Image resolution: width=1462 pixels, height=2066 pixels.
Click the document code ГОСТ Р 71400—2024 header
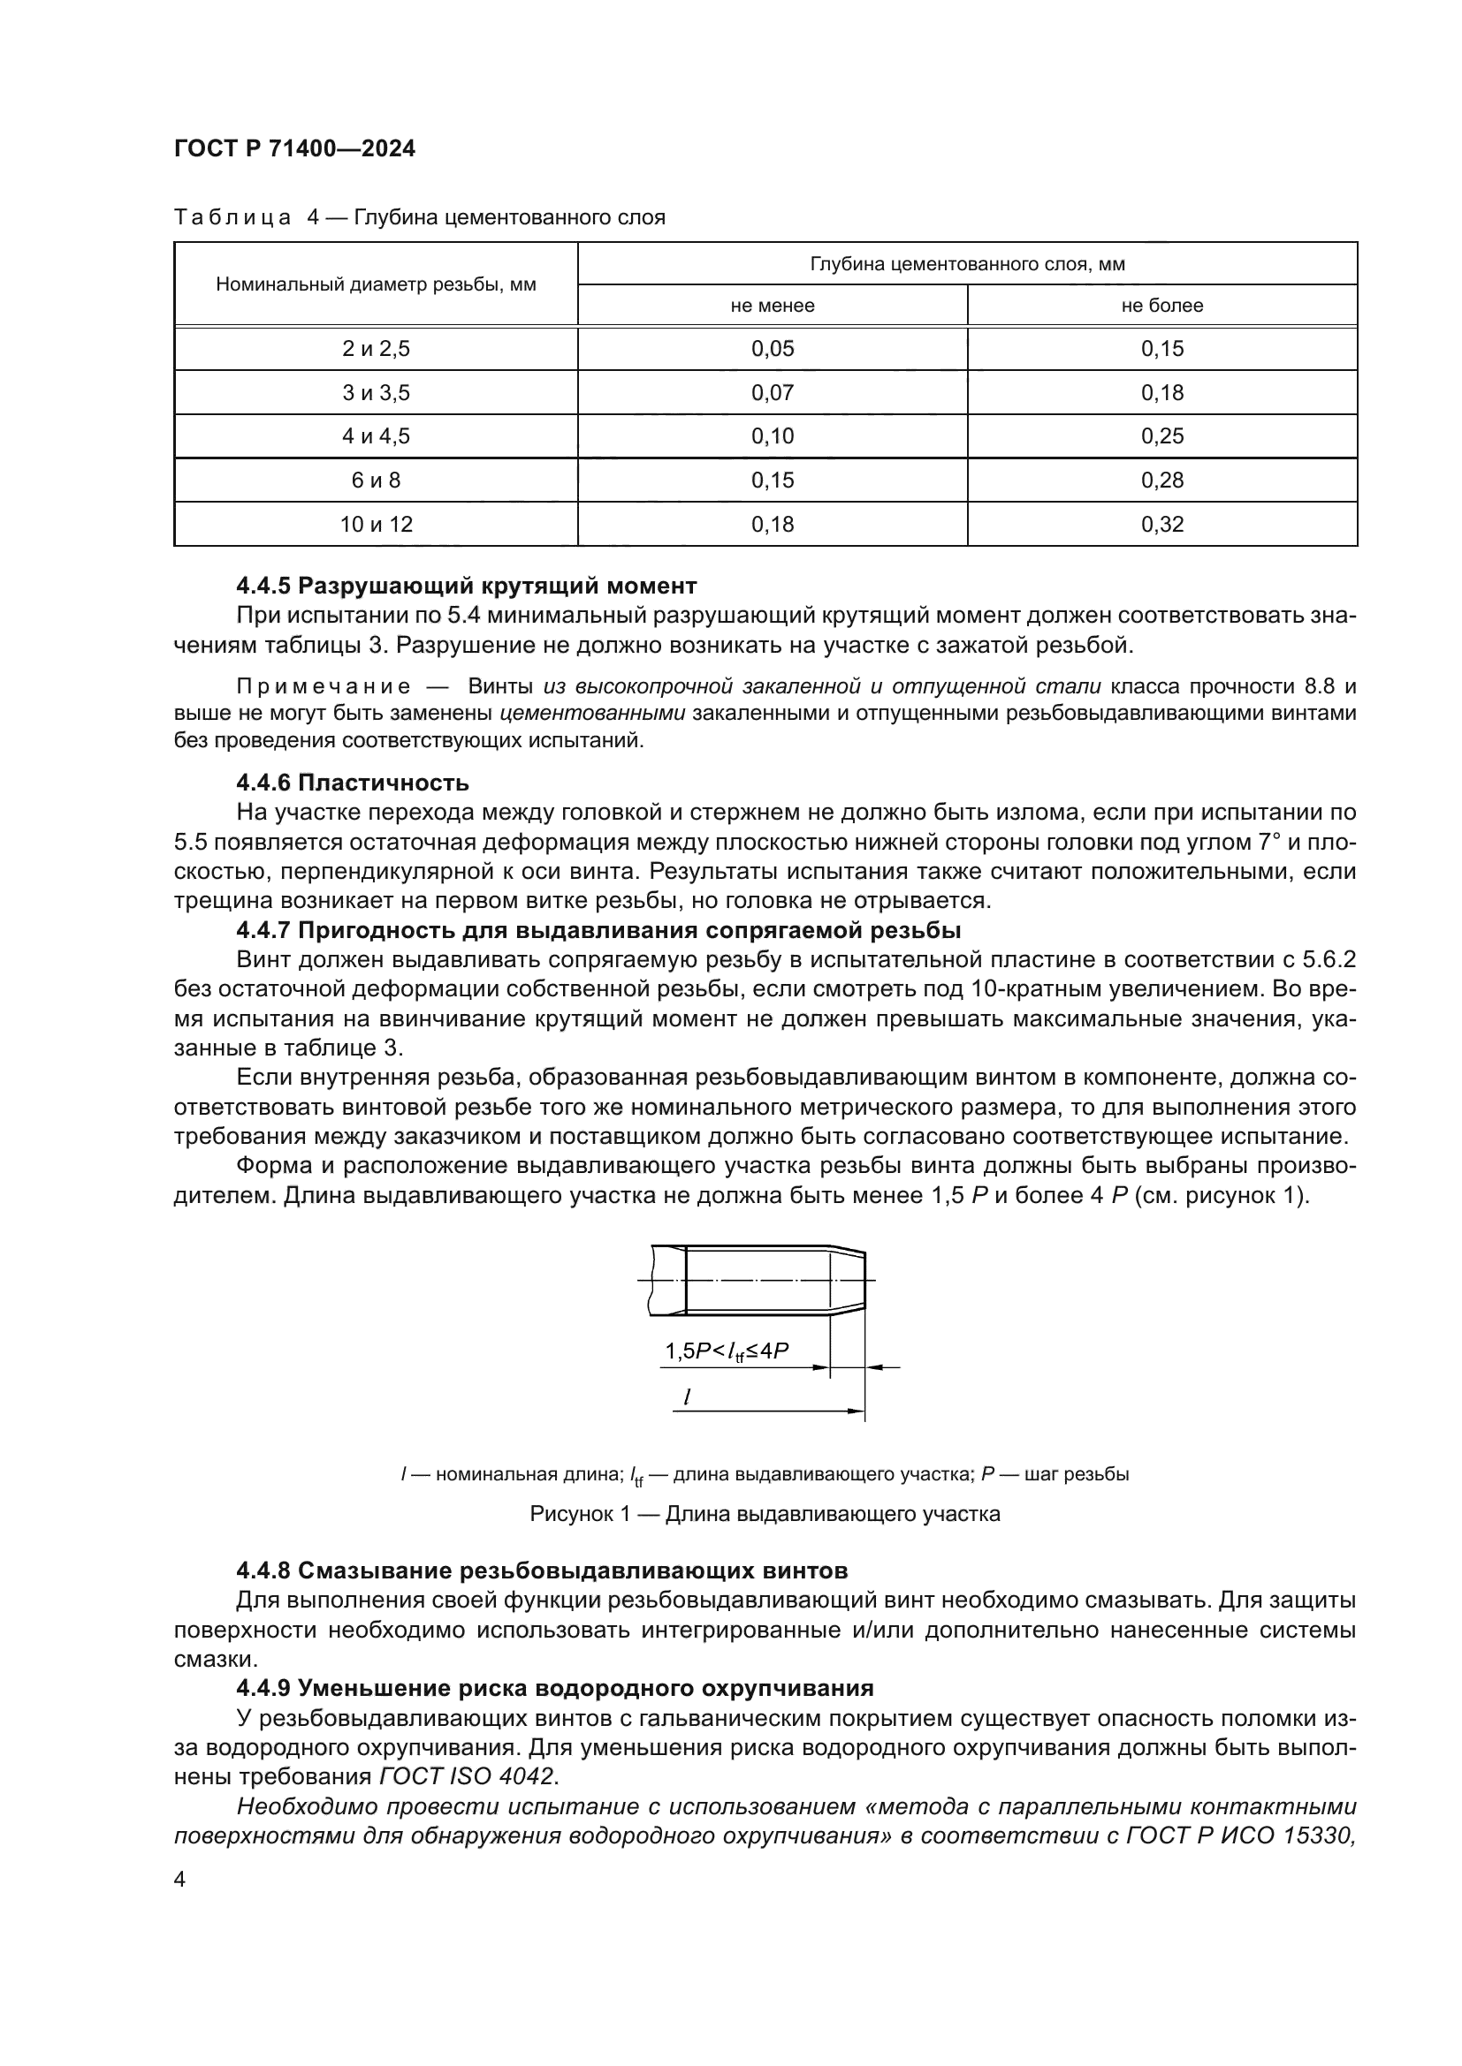point(294,149)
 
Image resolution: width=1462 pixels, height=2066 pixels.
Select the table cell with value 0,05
point(773,349)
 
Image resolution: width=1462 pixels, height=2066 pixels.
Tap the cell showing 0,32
point(1161,524)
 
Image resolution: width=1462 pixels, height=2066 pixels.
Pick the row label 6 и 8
point(376,481)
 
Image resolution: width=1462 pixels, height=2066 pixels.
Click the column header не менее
point(773,306)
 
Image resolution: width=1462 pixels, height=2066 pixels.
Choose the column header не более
point(1161,306)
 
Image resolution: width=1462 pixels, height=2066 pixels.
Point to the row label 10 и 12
point(376,524)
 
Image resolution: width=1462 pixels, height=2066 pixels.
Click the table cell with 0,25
point(1161,436)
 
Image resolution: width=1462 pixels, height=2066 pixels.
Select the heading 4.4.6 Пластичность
point(352,782)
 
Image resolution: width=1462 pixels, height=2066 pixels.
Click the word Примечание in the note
point(324,687)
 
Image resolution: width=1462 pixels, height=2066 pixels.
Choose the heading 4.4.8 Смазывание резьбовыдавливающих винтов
point(541,1571)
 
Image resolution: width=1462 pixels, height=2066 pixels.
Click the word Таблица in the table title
point(232,218)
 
